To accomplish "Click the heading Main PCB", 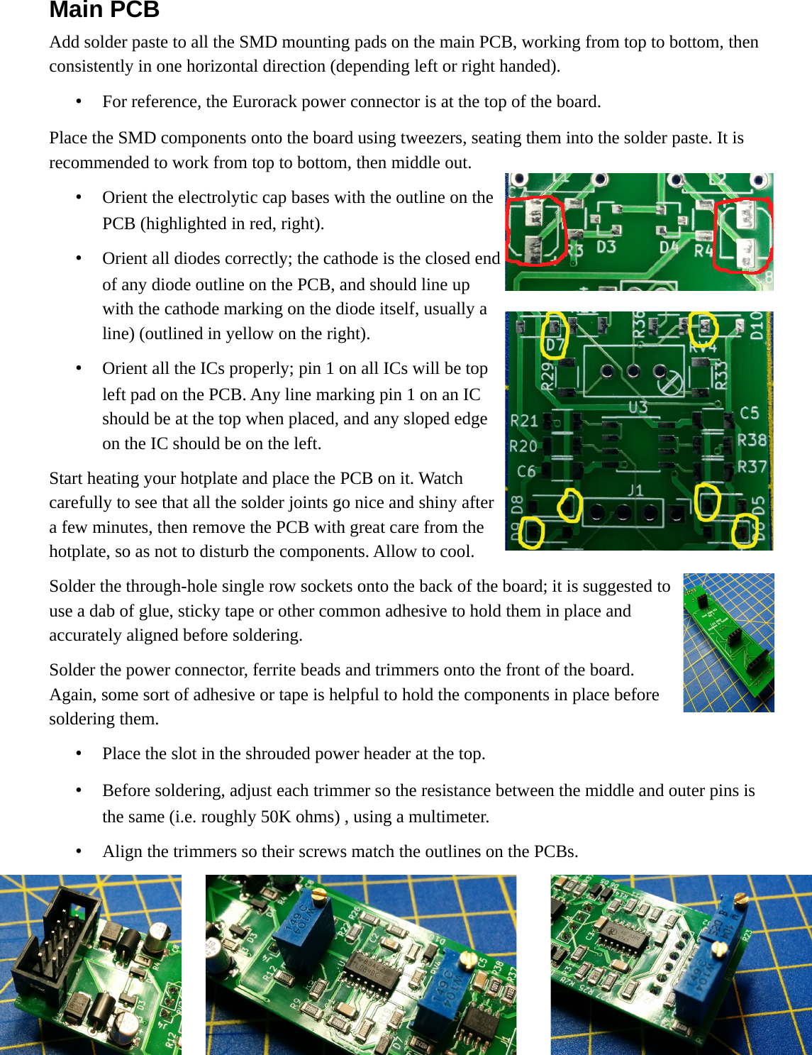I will click(x=104, y=10).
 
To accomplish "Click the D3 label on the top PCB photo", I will click(x=606, y=248).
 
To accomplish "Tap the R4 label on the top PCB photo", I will click(x=703, y=250).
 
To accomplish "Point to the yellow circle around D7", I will click(x=554, y=335).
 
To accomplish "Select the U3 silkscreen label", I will click(x=638, y=407).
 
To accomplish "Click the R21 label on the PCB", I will click(x=523, y=421).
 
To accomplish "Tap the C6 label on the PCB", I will click(x=525, y=471).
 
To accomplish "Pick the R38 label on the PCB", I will click(x=752, y=440).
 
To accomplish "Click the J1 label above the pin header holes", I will click(x=635, y=490).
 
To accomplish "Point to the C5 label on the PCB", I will click(x=749, y=413).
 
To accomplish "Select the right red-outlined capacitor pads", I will click(x=743, y=235).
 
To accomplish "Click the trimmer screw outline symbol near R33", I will click(x=671, y=384).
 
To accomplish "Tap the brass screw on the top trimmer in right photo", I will click(x=741, y=899).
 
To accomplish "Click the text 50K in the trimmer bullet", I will click(x=276, y=817).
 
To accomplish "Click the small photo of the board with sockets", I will click(x=728, y=643).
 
